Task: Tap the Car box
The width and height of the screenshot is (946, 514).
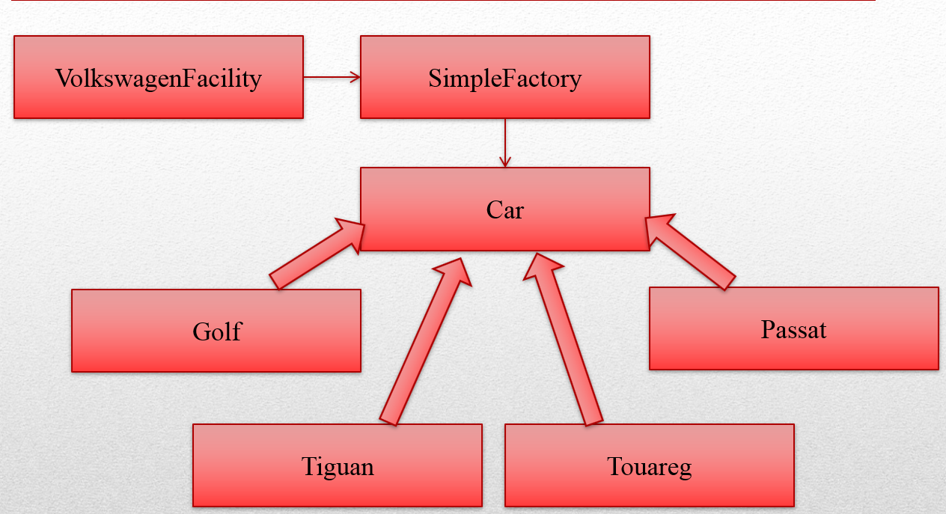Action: [x=504, y=232]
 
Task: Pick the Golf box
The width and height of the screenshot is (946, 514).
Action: [x=216, y=352]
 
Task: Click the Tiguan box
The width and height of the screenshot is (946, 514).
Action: [x=337, y=486]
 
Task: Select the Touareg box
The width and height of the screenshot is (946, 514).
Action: [x=649, y=486]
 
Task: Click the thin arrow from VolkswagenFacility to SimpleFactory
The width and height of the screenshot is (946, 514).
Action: [x=332, y=76]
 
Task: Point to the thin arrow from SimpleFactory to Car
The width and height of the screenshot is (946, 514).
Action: [x=506, y=142]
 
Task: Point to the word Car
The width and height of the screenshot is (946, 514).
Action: [x=505, y=209]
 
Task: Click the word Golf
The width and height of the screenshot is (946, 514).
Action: [x=217, y=331]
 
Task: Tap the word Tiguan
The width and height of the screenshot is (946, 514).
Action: [x=338, y=466]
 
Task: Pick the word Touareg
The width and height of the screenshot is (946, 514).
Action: [x=649, y=467]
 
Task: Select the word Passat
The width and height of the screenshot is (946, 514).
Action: [x=793, y=329]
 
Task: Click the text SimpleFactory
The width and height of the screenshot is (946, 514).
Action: [x=505, y=78]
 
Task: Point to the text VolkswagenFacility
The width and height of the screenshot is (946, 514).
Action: [x=158, y=78]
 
